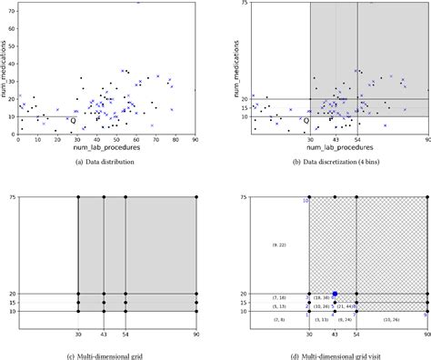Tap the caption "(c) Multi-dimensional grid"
pyautogui.click(x=106, y=351)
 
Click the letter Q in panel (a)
pyautogui.click(x=74, y=119)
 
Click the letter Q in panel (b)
pyautogui.click(x=306, y=120)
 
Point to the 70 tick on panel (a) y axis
pyautogui.click(x=11, y=13)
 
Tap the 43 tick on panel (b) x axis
pyautogui.click(x=336, y=139)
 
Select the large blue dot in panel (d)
pyautogui.click(x=336, y=294)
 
